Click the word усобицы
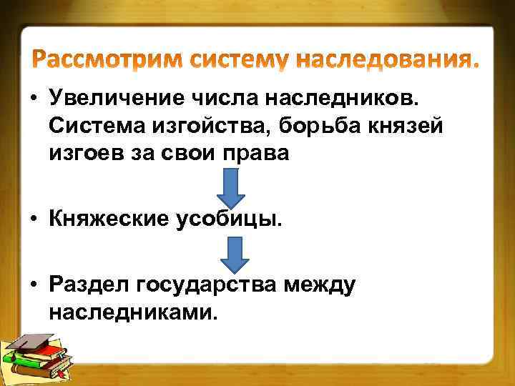pos(237,218)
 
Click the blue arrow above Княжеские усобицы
pos(231,188)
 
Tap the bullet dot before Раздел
pos(34,287)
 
